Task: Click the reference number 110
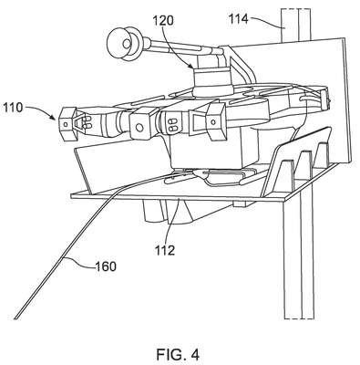pos(13,108)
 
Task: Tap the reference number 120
pos(163,21)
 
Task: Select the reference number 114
pos(239,19)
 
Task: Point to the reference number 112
pos(164,250)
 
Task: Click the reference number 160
pos(106,266)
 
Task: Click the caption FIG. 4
pos(178,354)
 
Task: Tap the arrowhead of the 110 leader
pos(55,117)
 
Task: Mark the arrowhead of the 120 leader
pos(192,66)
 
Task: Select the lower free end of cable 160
pos(16,318)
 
